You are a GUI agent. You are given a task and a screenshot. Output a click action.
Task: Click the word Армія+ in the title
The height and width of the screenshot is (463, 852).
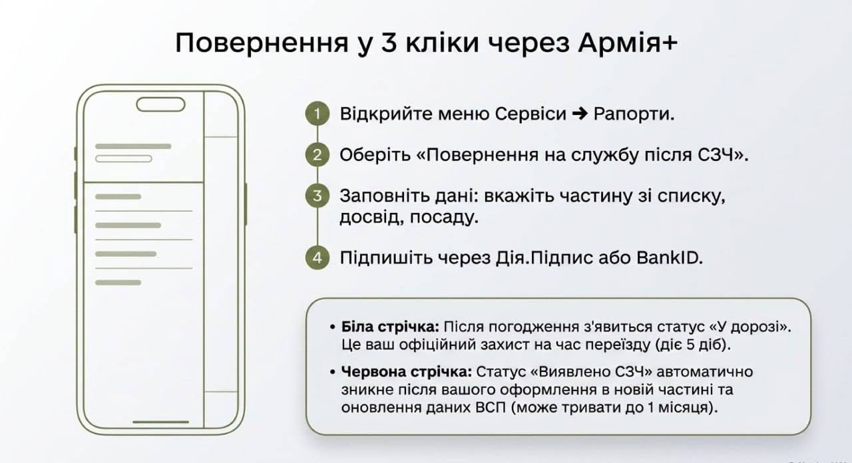tap(628, 42)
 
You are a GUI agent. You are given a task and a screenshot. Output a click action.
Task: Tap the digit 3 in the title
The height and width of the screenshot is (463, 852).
tap(389, 43)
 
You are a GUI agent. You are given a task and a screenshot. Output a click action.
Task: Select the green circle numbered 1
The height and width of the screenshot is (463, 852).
tap(318, 114)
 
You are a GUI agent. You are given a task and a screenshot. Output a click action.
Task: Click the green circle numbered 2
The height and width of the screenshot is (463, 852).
tap(318, 155)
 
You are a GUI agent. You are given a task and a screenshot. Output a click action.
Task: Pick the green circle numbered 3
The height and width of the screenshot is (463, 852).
tap(318, 196)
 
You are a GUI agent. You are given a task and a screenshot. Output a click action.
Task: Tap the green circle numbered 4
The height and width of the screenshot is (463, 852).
tap(318, 257)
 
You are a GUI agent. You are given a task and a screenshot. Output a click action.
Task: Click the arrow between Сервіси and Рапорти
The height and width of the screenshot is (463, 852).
tap(580, 114)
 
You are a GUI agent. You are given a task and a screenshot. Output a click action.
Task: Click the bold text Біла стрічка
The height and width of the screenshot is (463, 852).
tap(390, 327)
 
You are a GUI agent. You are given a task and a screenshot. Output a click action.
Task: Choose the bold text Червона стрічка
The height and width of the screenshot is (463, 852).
tap(407, 371)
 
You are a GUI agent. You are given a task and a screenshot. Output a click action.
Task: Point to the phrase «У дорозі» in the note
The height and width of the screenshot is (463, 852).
tap(750, 327)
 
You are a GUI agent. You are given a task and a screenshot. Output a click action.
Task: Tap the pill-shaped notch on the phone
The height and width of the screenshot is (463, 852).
tap(161, 104)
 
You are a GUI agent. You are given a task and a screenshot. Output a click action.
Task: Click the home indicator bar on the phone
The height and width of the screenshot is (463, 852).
tap(161, 422)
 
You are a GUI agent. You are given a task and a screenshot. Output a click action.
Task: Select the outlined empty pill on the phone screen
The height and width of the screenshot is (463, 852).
tap(124, 159)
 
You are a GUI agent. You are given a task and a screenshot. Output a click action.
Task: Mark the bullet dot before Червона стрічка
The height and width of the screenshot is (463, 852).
tap(333, 372)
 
